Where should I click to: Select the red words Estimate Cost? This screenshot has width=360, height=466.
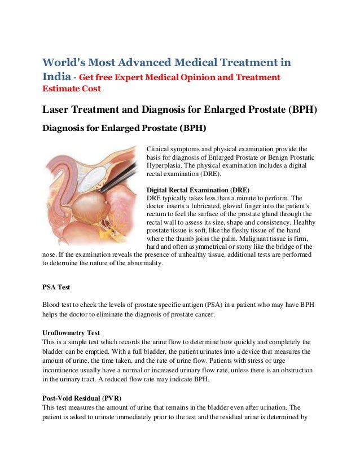pos(72,89)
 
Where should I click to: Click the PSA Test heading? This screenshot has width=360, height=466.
pos(56,287)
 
